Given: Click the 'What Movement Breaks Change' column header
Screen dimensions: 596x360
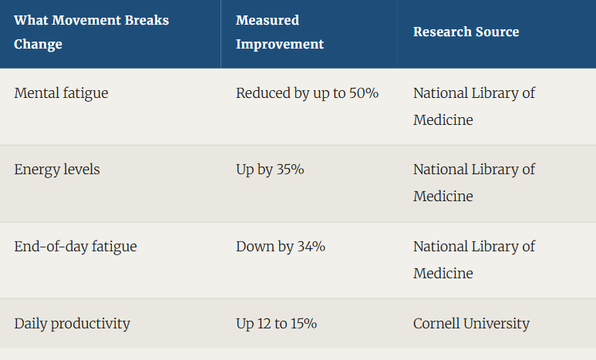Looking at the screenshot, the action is [91, 32].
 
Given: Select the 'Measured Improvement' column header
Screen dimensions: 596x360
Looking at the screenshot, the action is [280, 32].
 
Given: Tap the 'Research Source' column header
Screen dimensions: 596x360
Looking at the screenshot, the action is [466, 32].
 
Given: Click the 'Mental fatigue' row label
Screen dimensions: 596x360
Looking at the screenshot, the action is [61, 93].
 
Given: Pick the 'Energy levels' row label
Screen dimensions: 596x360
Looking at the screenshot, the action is [57, 170].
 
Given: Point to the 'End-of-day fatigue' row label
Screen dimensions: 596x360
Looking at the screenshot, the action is [76, 247].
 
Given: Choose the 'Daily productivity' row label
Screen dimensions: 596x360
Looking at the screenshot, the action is [72, 324].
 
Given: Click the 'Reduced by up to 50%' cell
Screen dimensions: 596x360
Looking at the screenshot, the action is [307, 93].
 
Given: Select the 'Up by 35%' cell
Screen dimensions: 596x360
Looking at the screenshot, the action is [270, 170].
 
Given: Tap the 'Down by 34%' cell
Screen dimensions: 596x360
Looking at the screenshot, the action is [281, 247].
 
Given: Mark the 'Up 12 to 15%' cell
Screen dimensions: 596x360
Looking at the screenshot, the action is [276, 324].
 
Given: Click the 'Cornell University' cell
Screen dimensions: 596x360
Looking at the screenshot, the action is [471, 324].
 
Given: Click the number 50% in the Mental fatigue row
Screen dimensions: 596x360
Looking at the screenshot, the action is [364, 93].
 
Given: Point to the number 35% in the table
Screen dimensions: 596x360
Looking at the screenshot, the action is [290, 170].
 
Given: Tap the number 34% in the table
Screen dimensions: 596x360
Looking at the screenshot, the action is [311, 247].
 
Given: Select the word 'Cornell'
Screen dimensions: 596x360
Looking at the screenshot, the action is [436, 324].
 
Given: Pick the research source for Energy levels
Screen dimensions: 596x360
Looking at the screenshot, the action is [474, 183].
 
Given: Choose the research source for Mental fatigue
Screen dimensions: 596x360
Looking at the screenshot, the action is [474, 106].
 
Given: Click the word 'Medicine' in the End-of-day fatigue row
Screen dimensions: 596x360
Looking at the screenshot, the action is [443, 274].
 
